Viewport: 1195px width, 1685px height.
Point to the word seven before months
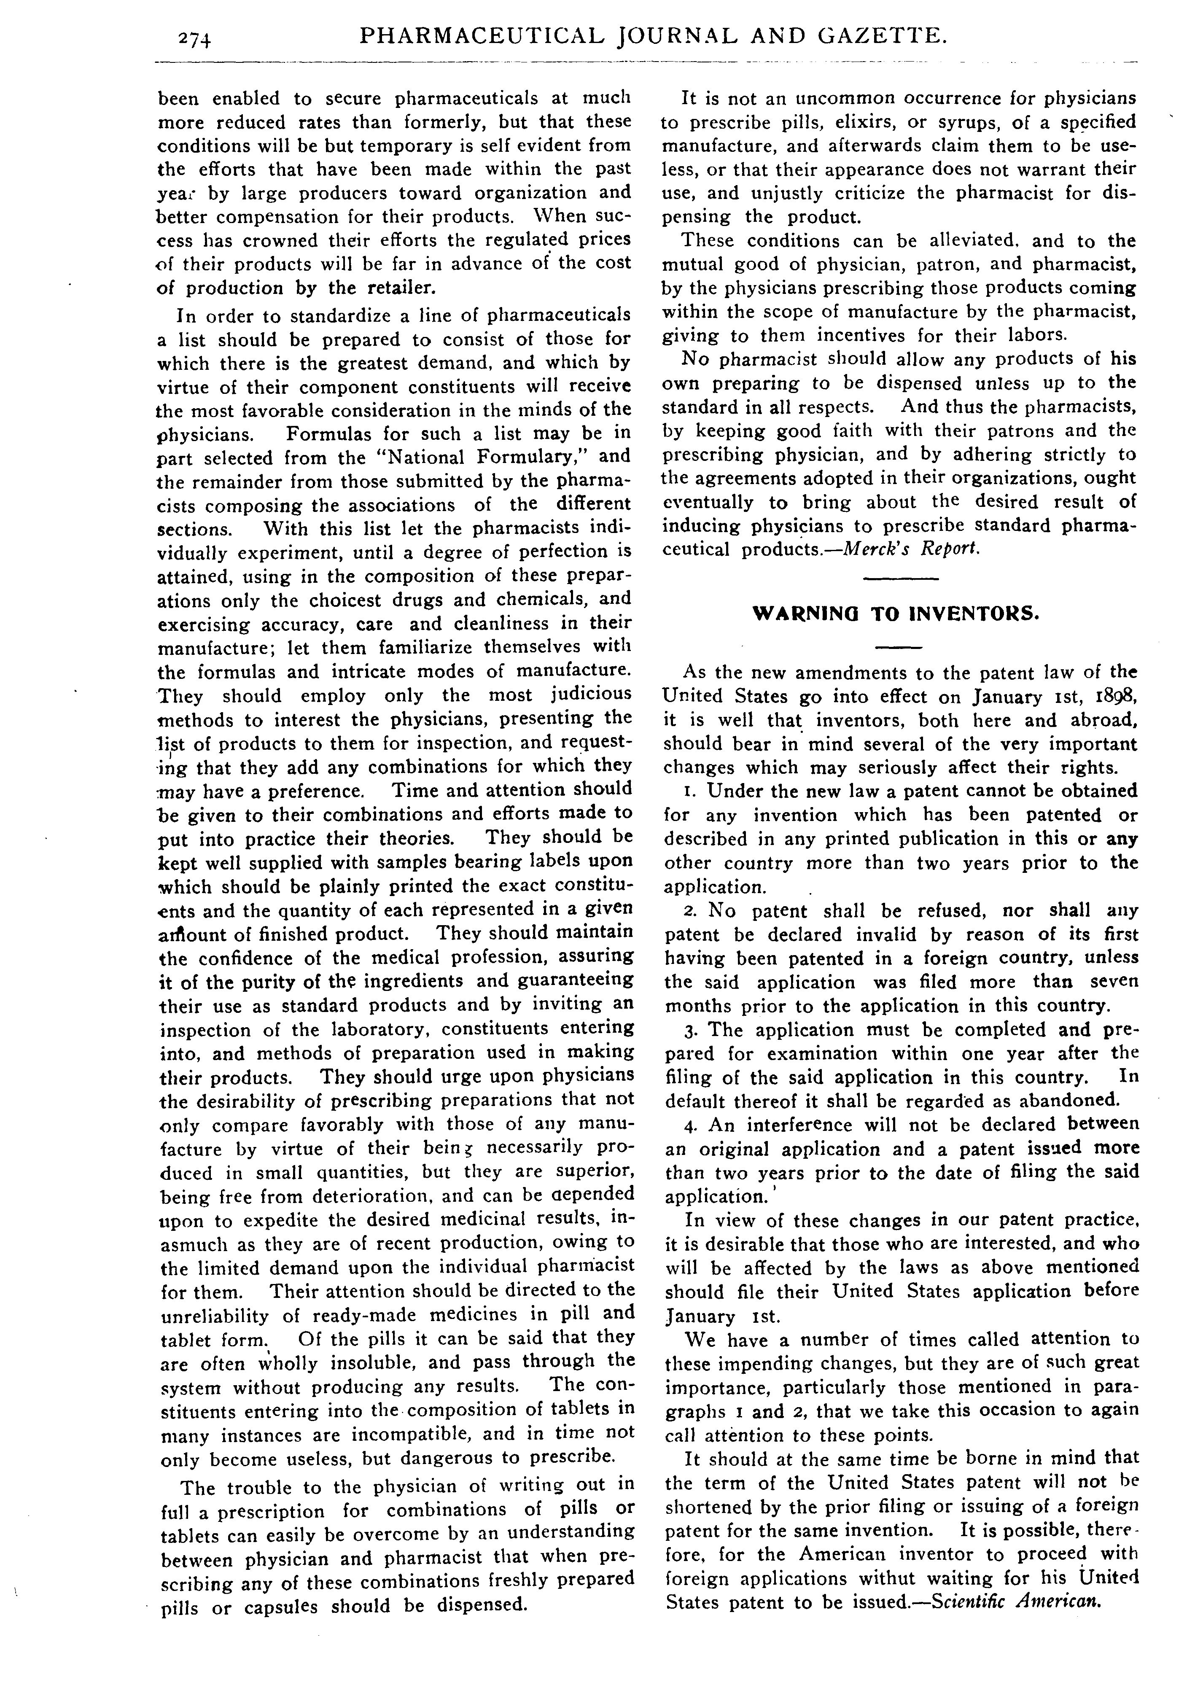coord(1113,982)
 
